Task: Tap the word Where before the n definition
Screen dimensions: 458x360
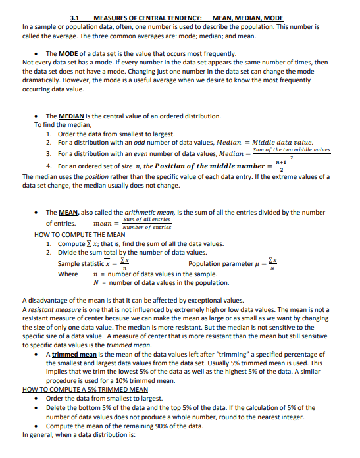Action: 68,274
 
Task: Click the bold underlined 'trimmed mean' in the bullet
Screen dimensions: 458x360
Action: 75,355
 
